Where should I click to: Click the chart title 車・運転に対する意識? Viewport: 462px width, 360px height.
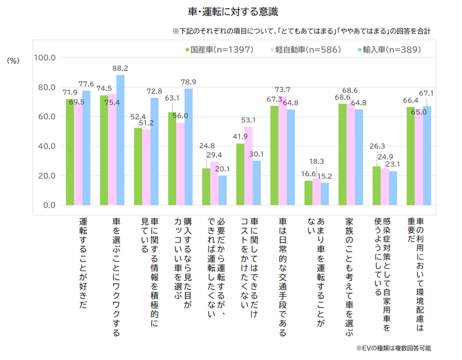(x=231, y=10)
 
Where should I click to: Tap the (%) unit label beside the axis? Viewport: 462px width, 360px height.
(x=13, y=60)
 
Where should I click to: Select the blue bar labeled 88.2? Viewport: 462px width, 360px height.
(x=120, y=140)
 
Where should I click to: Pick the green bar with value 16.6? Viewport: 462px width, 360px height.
(x=308, y=193)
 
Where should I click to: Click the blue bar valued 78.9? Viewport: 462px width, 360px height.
(x=188, y=147)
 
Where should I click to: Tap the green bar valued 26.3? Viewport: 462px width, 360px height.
(x=376, y=185)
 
